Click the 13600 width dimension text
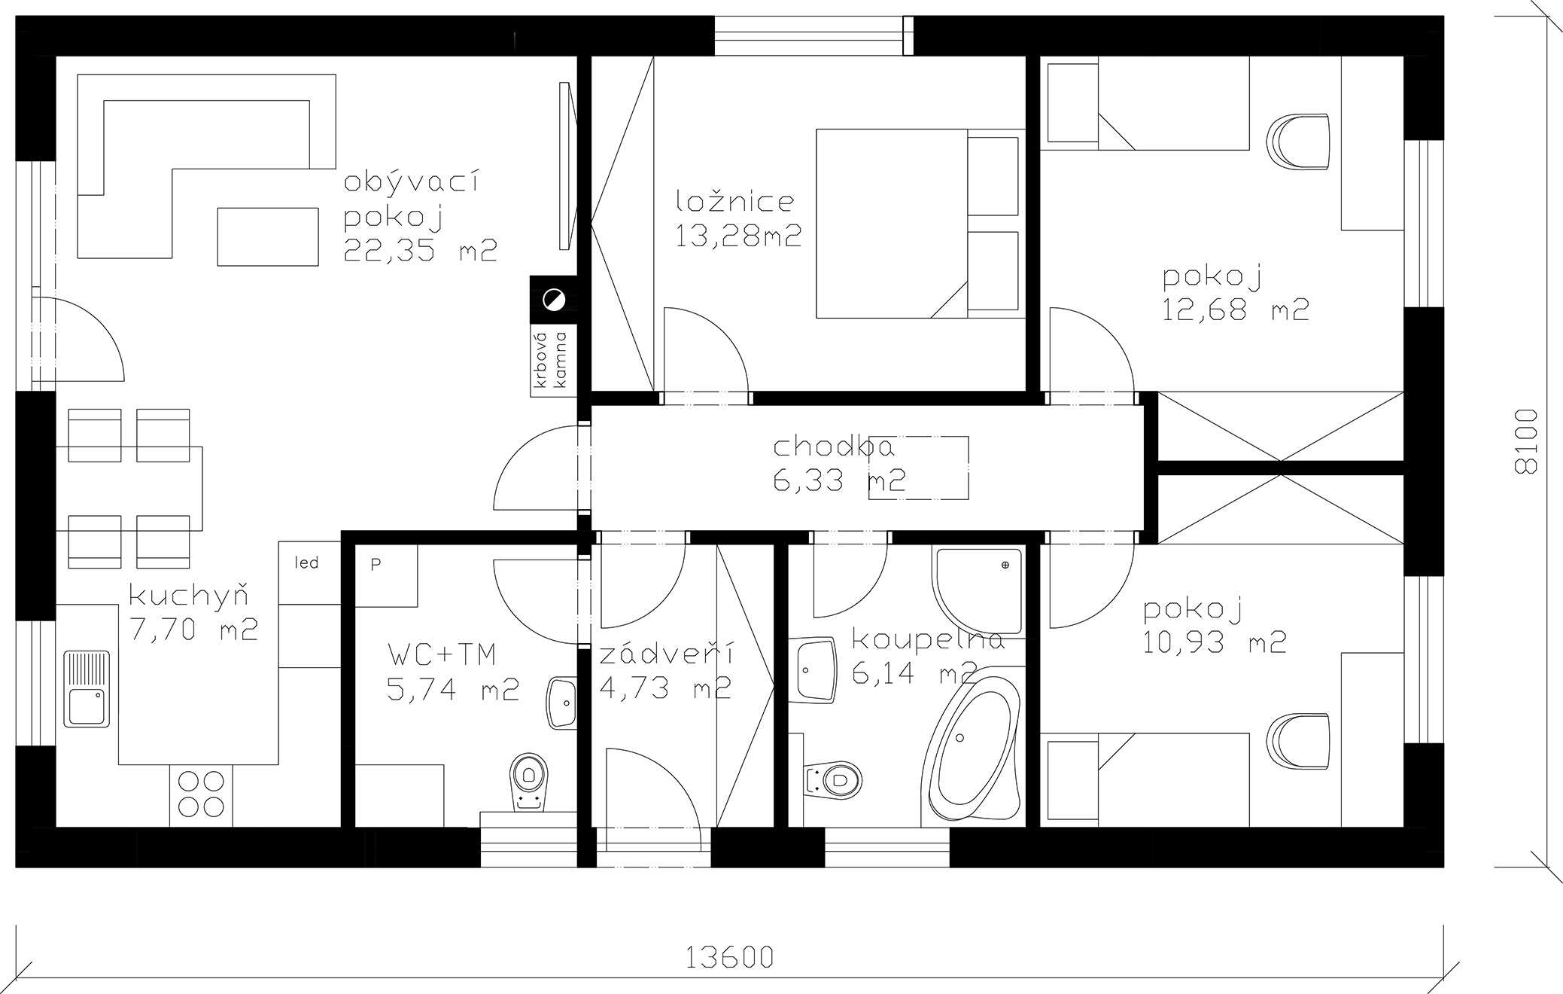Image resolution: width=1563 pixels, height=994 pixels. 729,956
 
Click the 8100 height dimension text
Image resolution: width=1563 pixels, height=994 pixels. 1525,441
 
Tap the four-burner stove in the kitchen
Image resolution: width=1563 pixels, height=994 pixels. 202,794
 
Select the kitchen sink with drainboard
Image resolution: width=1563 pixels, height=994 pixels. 87,689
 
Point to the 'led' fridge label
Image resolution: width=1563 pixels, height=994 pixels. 307,563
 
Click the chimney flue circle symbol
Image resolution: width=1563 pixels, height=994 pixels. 554,300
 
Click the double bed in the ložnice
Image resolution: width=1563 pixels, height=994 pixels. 920,224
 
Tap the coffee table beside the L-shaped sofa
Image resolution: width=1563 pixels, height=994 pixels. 268,236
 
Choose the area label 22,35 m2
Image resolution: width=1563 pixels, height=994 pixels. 421,250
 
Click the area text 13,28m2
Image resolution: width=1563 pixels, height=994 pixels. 738,236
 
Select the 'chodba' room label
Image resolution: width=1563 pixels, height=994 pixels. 834,447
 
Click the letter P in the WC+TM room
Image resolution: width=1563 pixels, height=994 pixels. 376,564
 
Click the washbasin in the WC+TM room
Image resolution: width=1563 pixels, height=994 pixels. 561,703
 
